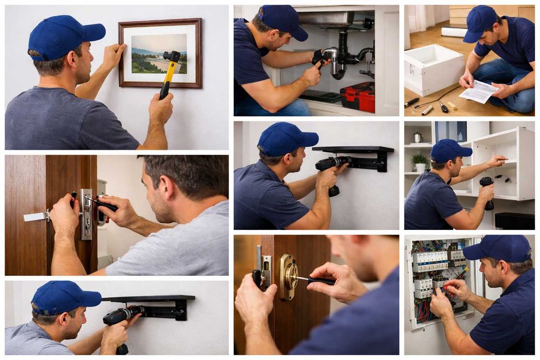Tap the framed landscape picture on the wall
click(160, 53)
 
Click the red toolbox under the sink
click(357, 97)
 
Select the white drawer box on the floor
click(434, 69)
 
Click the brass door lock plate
click(288, 276)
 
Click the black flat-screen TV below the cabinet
click(514, 221)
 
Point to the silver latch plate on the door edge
click(86, 214)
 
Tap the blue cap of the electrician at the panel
click(498, 248)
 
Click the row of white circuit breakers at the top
click(430, 258)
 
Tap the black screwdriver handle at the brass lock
click(321, 281)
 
